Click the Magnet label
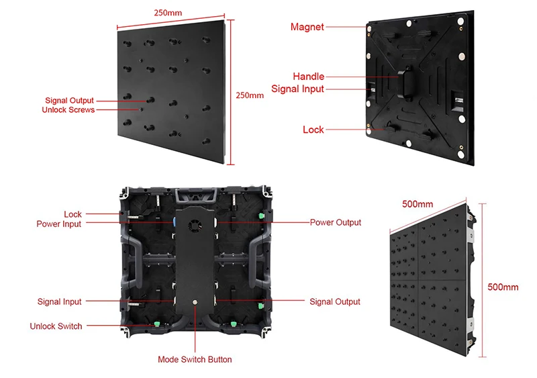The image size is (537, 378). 307,27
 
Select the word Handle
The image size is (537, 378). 308,77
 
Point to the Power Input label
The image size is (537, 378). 58,224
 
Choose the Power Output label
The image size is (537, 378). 335,222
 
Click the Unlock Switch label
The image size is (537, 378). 56,326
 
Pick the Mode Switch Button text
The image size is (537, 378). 195,360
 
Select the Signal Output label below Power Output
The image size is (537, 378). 334,302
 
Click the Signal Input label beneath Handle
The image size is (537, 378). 297,89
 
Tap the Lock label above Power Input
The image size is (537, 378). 72,214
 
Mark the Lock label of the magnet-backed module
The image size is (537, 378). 313,130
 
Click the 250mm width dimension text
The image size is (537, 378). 167,13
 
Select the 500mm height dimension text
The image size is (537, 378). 502,287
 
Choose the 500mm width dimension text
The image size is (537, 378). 418,203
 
